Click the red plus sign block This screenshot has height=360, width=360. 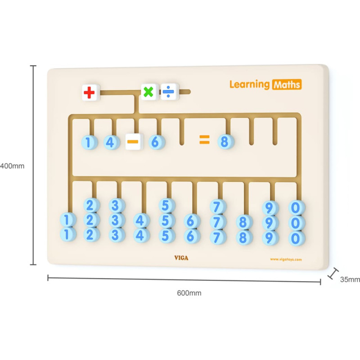[90, 93]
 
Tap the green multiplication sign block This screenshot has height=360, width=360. [148, 92]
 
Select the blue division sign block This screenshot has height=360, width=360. [169, 92]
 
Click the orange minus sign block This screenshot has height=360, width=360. [133, 142]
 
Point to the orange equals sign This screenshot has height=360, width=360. [204, 140]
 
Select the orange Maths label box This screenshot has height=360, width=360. [286, 84]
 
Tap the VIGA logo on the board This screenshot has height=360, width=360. [181, 258]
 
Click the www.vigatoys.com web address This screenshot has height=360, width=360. [286, 259]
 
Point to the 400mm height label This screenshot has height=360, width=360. [12, 166]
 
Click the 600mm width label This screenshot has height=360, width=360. [189, 293]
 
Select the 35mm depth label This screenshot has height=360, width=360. [350, 279]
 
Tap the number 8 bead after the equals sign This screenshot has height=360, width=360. [225, 141]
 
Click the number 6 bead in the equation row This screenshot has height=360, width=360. [156, 142]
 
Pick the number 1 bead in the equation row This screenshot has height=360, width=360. [89, 143]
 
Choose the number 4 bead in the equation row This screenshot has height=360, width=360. [110, 143]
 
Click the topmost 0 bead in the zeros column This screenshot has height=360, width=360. [296, 207]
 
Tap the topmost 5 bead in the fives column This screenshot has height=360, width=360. [166, 206]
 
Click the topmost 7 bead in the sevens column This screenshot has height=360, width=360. [217, 207]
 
